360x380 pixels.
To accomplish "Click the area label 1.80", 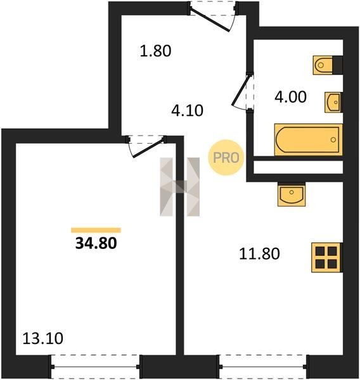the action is pyautogui.click(x=155, y=51).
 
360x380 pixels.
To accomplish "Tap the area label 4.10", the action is pyautogui.click(x=187, y=110).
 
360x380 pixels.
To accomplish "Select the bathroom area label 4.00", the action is pyautogui.click(x=290, y=97).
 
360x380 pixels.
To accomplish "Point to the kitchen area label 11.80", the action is pyautogui.click(x=259, y=254).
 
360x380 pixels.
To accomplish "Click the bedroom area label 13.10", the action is pyautogui.click(x=42, y=338).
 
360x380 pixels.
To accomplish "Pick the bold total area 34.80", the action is pyautogui.click(x=96, y=243).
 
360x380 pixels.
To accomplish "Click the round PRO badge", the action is pyautogui.click(x=226, y=158).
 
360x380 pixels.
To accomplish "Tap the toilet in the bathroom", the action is pyautogui.click(x=328, y=65).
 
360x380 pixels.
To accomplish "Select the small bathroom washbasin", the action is pyautogui.click(x=333, y=102).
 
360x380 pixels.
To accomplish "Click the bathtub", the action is pyautogui.click(x=308, y=139).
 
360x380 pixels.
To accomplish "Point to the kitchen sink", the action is pyautogui.click(x=292, y=194).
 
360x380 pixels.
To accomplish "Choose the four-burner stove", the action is pyautogui.click(x=327, y=257).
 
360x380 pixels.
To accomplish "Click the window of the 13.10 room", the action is pyautogui.click(x=95, y=367).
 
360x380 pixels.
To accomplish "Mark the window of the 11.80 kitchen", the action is pyautogui.click(x=263, y=367).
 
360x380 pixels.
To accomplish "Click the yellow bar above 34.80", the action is pyautogui.click(x=96, y=230).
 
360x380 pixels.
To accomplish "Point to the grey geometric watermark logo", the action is pyautogui.click(x=180, y=187).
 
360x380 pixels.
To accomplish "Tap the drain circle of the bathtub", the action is pyautogui.click(x=333, y=139).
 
